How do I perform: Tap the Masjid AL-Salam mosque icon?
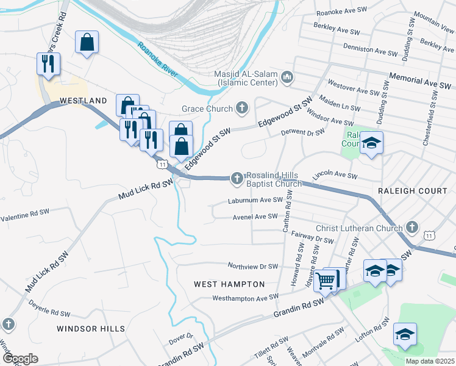(287, 78)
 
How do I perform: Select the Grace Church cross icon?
(242, 109)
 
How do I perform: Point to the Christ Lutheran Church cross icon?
(412, 228)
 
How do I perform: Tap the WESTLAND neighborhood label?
(84, 101)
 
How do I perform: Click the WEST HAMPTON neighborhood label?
(229, 284)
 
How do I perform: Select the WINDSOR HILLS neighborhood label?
(91, 329)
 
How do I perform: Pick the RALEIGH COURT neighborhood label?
(412, 191)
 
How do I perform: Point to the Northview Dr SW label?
(253, 267)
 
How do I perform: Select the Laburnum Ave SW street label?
(255, 200)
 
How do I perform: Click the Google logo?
(20, 359)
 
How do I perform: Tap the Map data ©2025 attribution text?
(430, 361)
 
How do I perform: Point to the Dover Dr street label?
(181, 336)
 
